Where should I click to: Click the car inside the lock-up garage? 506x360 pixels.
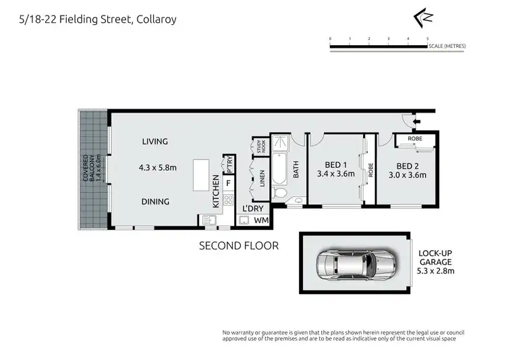click(353, 266)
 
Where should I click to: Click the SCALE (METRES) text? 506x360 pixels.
click(447, 46)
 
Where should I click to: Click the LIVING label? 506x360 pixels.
click(154, 142)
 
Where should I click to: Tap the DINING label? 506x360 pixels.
click(155, 201)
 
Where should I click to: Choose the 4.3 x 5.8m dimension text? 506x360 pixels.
click(159, 167)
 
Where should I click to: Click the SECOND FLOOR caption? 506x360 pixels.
click(239, 246)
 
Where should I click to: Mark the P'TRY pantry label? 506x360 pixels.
click(229, 163)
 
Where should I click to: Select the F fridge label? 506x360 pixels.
click(229, 182)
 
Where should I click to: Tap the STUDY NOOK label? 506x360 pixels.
click(259, 146)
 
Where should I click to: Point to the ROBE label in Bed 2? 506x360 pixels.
click(415, 140)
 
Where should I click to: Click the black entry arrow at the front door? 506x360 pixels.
click(415, 122)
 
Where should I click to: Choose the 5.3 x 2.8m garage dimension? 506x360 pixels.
click(436, 271)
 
